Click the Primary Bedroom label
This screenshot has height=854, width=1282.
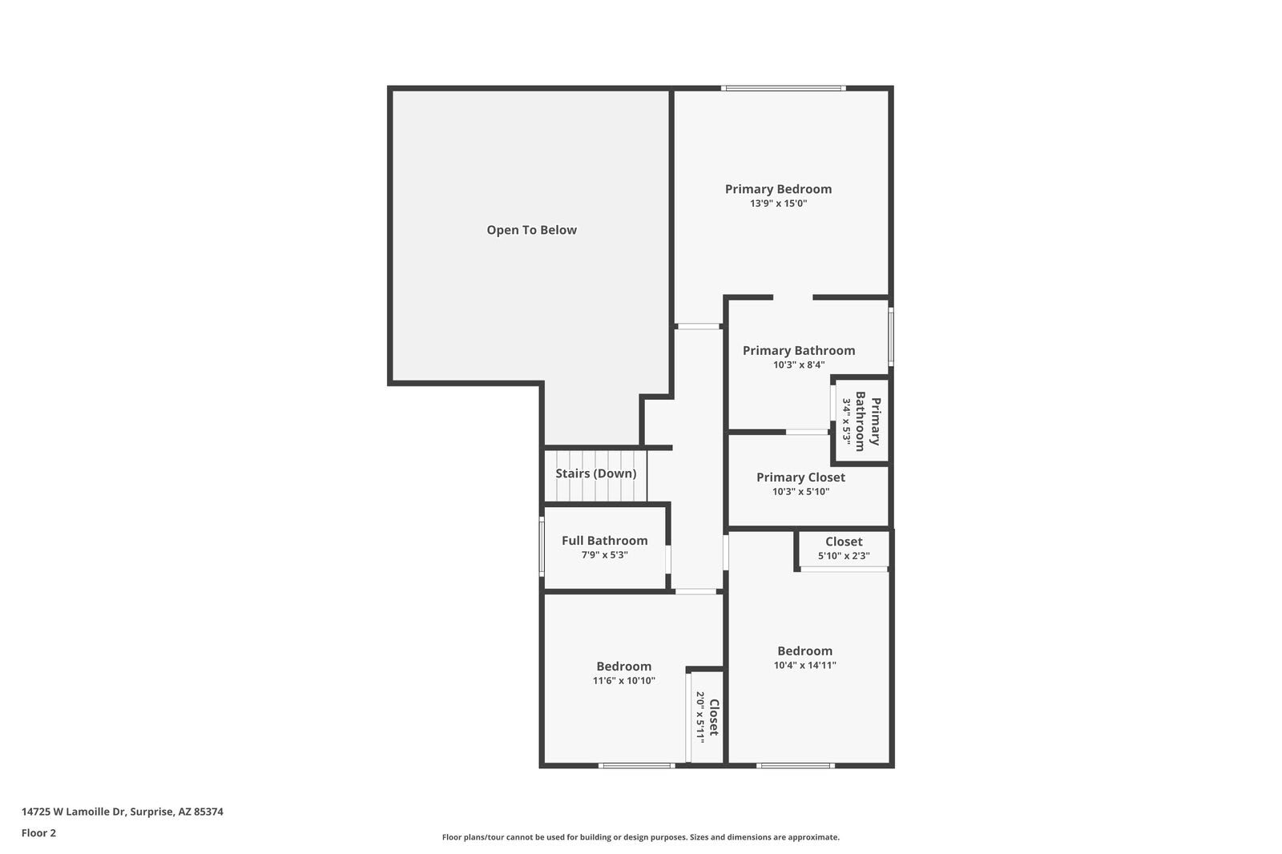tap(778, 189)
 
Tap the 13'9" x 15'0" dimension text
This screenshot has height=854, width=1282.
tap(778, 203)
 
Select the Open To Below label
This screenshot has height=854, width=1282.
tap(531, 230)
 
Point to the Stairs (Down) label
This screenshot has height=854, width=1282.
tap(595, 473)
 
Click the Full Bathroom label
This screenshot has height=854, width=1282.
tap(604, 541)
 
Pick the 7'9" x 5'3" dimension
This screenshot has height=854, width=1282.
tap(604, 554)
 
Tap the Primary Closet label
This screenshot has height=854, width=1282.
tap(800, 477)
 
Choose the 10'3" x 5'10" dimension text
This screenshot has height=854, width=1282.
tap(800, 492)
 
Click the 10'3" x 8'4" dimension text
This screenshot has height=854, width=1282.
tap(799, 365)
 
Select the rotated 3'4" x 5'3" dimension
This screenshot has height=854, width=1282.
tap(845, 422)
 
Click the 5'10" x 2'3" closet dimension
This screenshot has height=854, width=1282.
tap(843, 556)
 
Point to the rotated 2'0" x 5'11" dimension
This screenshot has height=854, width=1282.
tap(699, 714)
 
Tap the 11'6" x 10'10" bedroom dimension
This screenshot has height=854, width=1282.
tap(623, 681)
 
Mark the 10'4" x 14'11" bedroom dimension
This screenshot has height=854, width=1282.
tap(804, 665)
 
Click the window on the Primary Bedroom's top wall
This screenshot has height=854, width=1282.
tap(783, 88)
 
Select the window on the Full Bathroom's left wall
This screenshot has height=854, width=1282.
tap(542, 546)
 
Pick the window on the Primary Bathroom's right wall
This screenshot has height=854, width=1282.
tap(890, 336)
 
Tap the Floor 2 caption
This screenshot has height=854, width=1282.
tap(38, 833)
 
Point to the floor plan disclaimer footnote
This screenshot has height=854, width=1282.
tap(640, 837)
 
